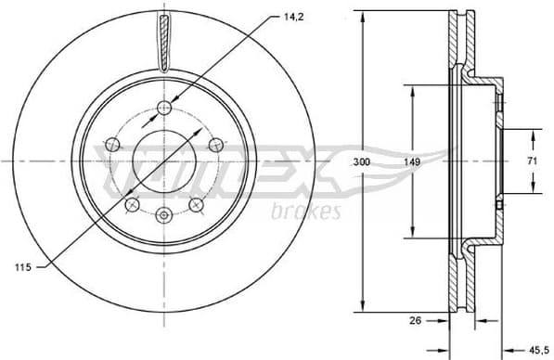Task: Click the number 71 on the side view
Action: click(x=533, y=161)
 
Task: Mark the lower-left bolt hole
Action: click(x=132, y=204)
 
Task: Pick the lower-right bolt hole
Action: click(x=196, y=204)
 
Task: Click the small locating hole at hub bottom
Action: click(x=164, y=215)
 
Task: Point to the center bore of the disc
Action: click(x=164, y=161)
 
